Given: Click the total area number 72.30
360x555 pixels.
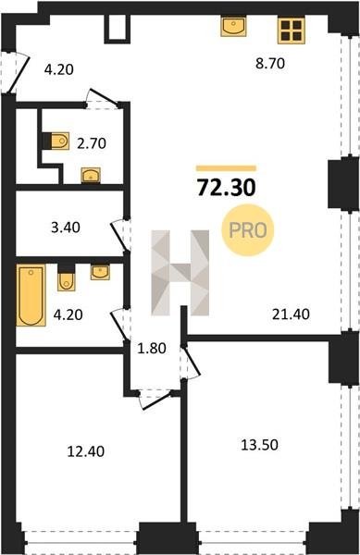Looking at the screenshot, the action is (x=226, y=188).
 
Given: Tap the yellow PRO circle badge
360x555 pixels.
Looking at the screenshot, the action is (x=248, y=230).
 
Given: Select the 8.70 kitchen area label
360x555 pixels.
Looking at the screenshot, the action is (x=270, y=64).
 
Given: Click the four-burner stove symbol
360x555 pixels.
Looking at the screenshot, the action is (x=292, y=31).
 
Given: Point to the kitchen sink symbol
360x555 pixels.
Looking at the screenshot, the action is (x=233, y=27).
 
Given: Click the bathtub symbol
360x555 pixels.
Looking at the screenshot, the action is (x=31, y=295).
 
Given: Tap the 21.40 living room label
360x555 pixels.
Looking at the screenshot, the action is (x=291, y=314).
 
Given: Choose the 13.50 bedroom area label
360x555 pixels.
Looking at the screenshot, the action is (x=259, y=445).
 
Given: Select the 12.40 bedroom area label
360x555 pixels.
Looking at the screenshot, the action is (x=86, y=451).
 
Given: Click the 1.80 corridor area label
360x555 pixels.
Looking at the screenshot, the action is (x=152, y=349).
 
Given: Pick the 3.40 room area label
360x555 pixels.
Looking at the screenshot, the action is (x=66, y=228).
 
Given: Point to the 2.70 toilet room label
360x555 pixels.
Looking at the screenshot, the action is (x=92, y=143).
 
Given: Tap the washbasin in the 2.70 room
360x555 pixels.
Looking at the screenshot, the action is (x=91, y=175).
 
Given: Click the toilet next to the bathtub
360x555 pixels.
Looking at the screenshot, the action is (x=67, y=277).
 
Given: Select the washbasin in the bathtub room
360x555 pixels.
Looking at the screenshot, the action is (x=100, y=272).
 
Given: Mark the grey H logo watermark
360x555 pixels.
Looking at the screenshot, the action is (x=180, y=273).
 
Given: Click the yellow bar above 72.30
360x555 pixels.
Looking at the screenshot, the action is (x=226, y=168).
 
